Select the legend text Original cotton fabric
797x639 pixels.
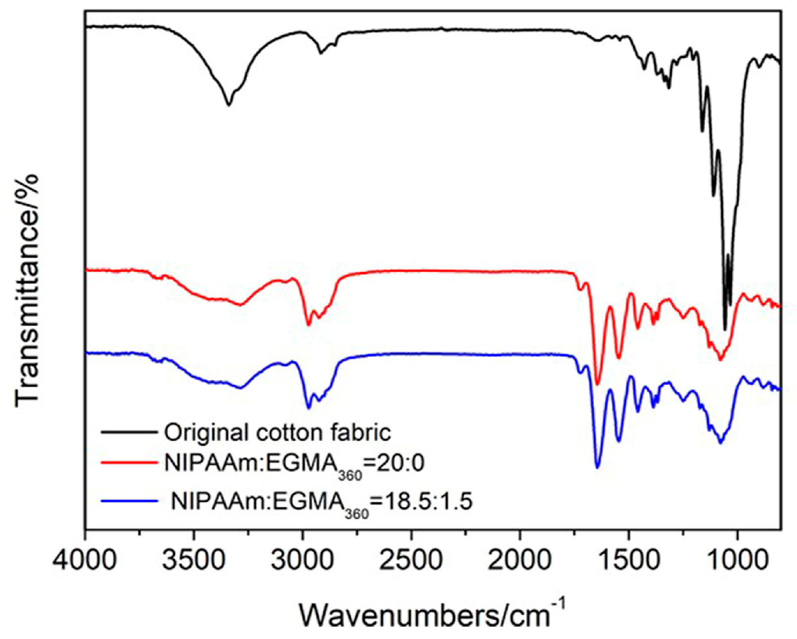(x=278, y=433)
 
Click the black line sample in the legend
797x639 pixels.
(x=129, y=433)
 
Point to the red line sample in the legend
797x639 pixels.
(x=129, y=462)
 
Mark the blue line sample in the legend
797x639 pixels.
(x=129, y=501)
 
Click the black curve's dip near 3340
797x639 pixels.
(x=228, y=105)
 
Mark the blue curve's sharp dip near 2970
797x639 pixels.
(x=308, y=408)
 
